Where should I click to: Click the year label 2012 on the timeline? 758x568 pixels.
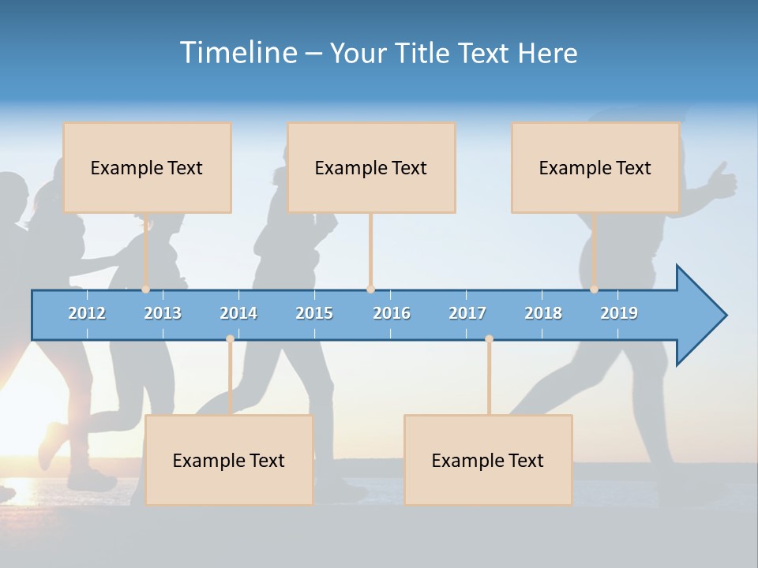(87, 313)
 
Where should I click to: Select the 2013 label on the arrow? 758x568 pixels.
(163, 313)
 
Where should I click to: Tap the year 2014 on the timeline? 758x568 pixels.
(238, 313)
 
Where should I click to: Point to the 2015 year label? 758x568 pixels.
(314, 313)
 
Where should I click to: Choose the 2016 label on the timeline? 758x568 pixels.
(392, 313)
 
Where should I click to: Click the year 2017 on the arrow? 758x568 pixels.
(467, 313)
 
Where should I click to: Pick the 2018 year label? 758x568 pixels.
(543, 313)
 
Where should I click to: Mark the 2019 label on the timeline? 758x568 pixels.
(619, 313)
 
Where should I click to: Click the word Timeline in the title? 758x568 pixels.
(237, 53)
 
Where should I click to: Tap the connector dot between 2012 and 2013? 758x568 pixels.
(146, 290)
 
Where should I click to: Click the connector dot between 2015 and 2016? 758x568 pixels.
(370, 290)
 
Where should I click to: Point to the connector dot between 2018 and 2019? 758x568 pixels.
(595, 290)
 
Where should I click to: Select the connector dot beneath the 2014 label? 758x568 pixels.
(230, 339)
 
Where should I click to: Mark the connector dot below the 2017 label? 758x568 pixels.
(489, 339)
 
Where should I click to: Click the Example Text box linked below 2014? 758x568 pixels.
(229, 460)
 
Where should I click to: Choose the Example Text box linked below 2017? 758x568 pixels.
(488, 460)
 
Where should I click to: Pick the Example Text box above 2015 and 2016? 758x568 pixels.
(371, 167)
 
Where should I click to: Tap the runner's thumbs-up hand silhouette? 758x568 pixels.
(721, 181)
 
